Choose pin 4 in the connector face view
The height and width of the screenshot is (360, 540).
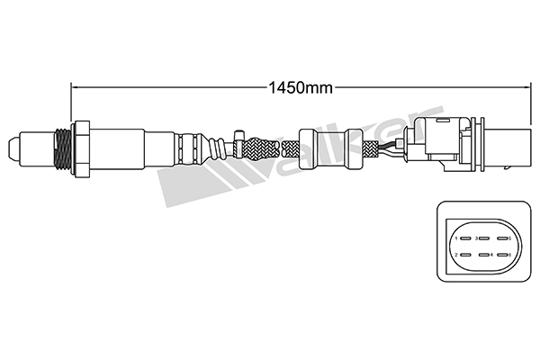pos(483,256)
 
